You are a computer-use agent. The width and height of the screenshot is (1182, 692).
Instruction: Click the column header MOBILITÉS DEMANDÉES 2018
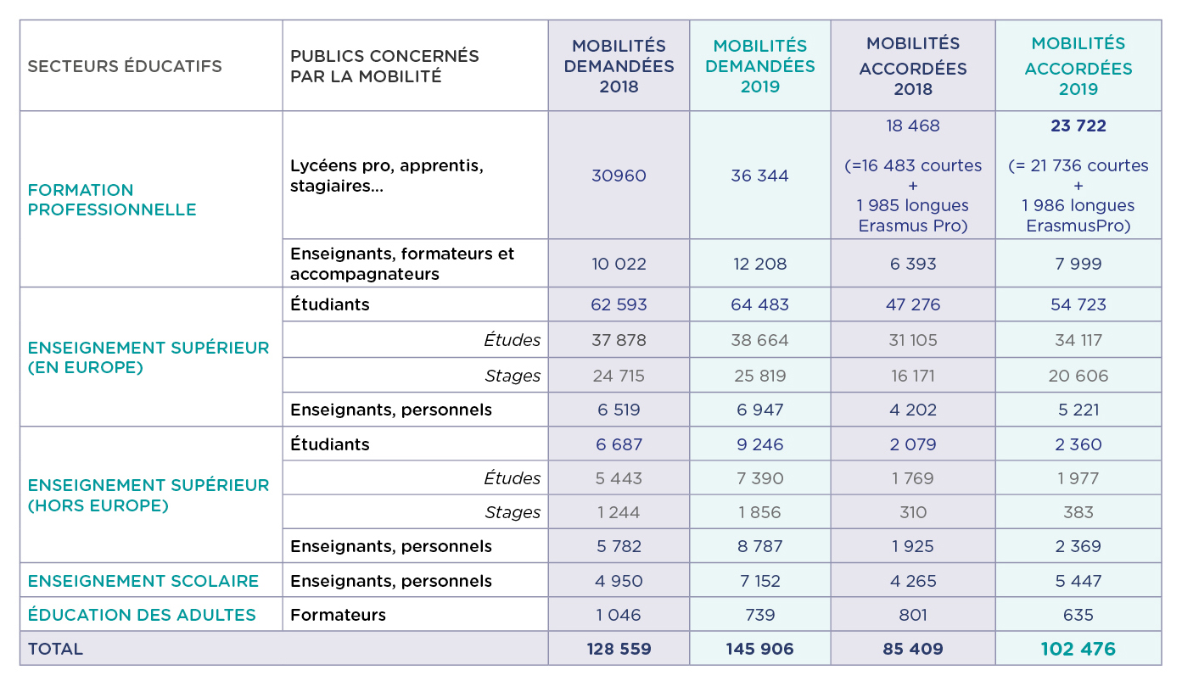[x=619, y=66]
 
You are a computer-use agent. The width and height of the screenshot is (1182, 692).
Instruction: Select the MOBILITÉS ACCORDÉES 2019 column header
[x=1078, y=66]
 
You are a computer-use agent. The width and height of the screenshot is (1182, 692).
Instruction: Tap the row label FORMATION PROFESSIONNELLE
[x=112, y=199]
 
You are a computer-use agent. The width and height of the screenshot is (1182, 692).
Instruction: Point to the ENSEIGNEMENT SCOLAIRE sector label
[x=143, y=581]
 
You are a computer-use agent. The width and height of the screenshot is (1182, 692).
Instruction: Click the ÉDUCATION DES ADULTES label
[x=142, y=615]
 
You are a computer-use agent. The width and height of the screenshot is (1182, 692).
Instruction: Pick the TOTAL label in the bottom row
[x=56, y=649]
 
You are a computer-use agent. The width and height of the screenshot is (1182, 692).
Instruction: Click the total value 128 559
[x=619, y=649]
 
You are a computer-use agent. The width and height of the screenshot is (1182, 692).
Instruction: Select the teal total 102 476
[x=1078, y=649]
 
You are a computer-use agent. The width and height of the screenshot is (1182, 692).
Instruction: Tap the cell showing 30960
[x=619, y=176]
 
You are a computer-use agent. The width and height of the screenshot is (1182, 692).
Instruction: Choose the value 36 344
[x=759, y=176]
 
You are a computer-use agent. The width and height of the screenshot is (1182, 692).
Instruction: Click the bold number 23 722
[x=1078, y=126]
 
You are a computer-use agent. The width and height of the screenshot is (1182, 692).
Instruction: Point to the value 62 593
[x=619, y=304]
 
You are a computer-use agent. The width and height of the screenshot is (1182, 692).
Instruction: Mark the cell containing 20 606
[x=1078, y=376]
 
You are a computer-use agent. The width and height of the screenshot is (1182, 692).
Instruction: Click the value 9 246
[x=759, y=444]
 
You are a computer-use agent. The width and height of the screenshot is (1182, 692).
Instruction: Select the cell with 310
[x=912, y=512]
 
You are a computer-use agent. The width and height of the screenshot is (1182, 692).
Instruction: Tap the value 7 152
[x=759, y=581]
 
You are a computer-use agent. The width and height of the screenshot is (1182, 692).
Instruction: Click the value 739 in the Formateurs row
[x=759, y=615]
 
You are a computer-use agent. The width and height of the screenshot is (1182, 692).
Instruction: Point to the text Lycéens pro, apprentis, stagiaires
[x=387, y=176]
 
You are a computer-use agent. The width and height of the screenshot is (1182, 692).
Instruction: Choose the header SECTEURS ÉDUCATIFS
[x=125, y=66]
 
